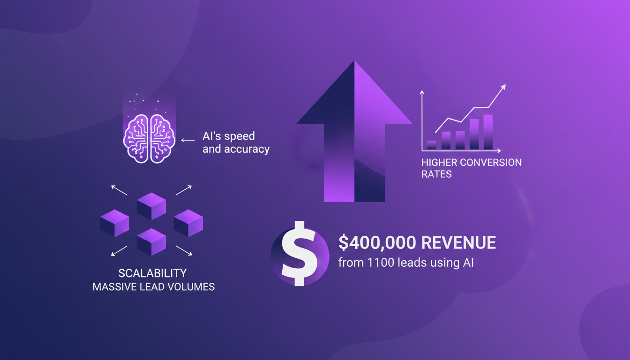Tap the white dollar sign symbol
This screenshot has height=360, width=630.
(299, 254)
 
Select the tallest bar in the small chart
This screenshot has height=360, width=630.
(488, 132)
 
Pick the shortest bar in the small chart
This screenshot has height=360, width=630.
(432, 145)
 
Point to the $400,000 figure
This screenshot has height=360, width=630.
(377, 243)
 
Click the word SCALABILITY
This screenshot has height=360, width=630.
(153, 273)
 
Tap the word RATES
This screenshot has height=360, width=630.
(436, 174)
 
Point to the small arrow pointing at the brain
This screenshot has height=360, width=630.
(187, 140)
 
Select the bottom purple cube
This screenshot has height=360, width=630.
(151, 241)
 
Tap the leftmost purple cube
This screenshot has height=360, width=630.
(114, 223)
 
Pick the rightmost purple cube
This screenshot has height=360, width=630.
(188, 223)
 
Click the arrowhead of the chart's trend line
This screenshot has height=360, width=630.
(504, 87)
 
